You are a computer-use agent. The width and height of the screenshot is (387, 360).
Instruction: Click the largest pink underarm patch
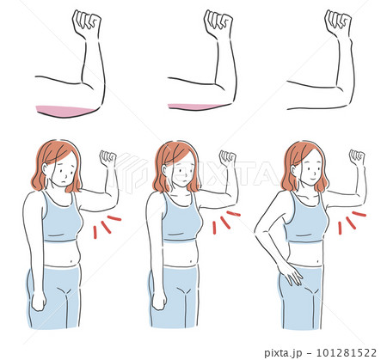64,111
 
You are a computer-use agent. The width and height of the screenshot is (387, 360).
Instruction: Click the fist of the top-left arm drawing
87,23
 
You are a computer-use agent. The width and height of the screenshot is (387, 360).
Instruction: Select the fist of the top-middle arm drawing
218,23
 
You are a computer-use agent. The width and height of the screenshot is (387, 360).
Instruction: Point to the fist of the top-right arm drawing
338,23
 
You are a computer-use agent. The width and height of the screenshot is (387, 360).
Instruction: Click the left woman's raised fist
107,159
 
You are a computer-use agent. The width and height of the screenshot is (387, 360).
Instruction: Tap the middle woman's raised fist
228,159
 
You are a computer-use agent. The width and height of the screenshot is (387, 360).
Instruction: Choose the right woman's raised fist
357,158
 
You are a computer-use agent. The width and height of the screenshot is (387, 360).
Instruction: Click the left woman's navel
72,261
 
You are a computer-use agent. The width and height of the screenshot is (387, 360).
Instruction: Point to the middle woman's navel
191,260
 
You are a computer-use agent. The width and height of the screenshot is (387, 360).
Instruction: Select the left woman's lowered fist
39,301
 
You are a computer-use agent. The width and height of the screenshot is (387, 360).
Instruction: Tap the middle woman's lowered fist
159,300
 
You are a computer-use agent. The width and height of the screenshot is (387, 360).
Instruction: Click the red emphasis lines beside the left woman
107,227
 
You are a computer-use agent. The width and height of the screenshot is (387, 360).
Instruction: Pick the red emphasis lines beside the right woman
352,223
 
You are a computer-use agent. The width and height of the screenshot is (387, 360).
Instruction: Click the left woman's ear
46,168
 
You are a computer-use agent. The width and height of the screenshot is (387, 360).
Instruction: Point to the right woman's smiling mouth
313,178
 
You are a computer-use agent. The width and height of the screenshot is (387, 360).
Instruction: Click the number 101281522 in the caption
347,352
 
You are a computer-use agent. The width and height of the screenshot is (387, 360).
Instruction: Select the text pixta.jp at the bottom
283,353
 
